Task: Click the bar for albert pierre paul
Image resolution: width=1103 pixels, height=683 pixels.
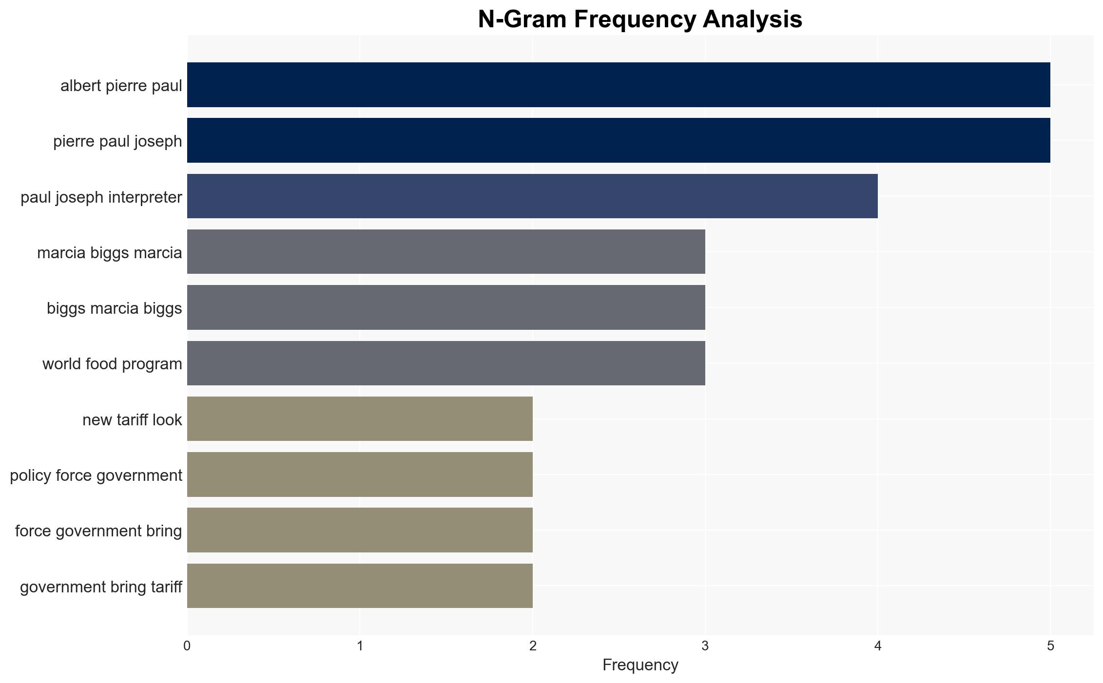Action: coord(619,85)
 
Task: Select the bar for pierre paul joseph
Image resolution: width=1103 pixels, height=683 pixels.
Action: coord(619,140)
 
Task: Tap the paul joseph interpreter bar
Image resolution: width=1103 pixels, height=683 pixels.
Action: coord(532,196)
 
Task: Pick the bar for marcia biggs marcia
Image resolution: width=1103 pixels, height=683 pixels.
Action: coord(446,252)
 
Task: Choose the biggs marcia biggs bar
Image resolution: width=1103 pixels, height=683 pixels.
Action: coord(446,307)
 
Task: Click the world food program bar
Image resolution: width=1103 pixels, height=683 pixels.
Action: coord(446,363)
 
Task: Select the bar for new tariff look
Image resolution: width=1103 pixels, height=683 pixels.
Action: coord(360,419)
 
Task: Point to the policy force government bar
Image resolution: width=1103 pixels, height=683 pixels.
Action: coord(360,474)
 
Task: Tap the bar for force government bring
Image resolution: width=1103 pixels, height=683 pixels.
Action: coord(360,530)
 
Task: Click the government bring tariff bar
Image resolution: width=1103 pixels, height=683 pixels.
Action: coord(360,586)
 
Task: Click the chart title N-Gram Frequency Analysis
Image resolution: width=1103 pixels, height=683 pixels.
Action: coord(640,19)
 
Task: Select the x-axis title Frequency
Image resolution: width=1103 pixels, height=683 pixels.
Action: coord(640,665)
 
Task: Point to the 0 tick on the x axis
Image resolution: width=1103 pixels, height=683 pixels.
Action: coord(187,646)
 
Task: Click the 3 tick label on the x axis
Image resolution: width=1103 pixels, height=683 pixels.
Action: coord(705,646)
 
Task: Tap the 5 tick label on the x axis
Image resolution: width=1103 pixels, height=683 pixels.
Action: coord(1050,646)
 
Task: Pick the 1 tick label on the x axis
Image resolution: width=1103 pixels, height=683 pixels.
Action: coord(360,646)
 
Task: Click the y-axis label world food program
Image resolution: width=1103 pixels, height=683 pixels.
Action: coord(112,364)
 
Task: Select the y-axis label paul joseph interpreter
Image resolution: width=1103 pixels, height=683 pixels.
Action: coord(101,197)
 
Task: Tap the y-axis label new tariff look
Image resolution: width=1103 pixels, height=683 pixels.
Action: coord(132,419)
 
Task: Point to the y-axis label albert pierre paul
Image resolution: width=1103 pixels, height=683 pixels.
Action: coord(121,86)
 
